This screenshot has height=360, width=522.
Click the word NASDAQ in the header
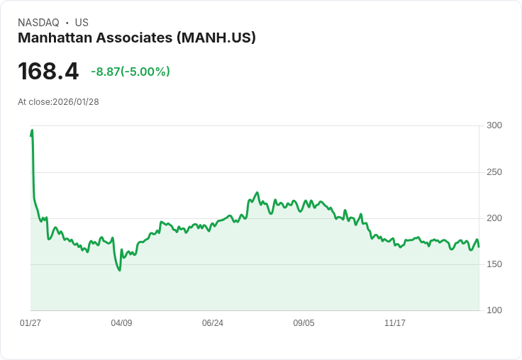click(x=38, y=23)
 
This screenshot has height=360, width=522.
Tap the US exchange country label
click(x=82, y=23)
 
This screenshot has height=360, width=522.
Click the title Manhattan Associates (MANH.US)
click(x=137, y=38)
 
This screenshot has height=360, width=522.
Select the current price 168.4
click(x=48, y=72)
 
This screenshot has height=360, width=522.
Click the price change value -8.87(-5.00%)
click(x=130, y=72)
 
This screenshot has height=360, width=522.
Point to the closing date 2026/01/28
click(x=76, y=102)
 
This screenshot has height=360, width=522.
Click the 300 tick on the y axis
click(x=494, y=125)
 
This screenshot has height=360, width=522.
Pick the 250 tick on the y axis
click(x=494, y=172)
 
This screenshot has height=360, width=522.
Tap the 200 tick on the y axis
click(x=494, y=218)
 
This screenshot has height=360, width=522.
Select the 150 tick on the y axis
click(x=494, y=264)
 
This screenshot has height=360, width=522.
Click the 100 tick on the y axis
click(x=494, y=310)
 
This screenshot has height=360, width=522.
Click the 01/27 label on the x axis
click(x=30, y=323)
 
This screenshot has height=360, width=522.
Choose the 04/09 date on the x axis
click(x=121, y=323)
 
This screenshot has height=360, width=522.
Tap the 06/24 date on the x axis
click(x=213, y=323)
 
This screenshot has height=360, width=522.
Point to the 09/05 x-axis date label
click(x=304, y=323)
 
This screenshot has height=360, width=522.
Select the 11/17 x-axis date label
click(x=394, y=323)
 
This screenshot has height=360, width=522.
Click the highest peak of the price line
click(x=32, y=130)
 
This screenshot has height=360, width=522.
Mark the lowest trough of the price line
click(x=119, y=270)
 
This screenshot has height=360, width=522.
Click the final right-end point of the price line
click(x=479, y=247)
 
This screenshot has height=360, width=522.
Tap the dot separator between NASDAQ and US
click(x=67, y=23)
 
